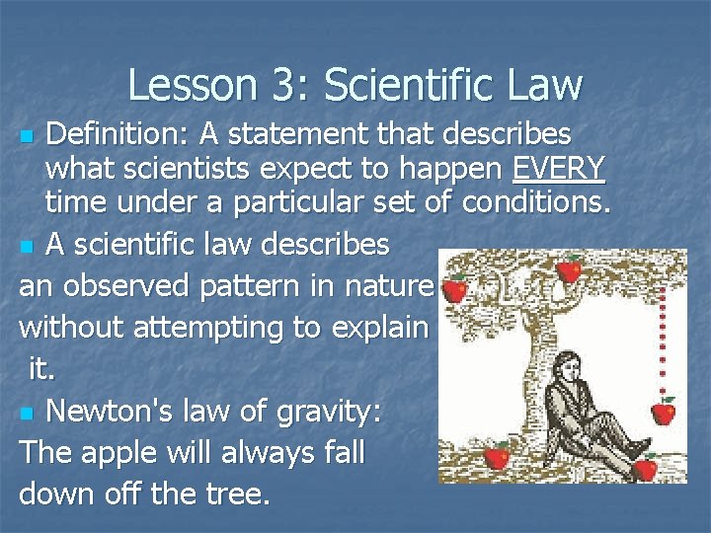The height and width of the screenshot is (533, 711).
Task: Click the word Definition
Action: coord(117,132)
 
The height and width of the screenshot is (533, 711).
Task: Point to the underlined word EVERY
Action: coord(559,169)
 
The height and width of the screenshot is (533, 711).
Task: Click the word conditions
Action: coord(538,205)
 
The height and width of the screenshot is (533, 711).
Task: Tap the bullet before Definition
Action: coord(29,134)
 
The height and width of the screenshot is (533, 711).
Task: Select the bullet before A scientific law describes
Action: coord(29,245)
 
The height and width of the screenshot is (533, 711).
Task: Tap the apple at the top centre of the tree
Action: coord(569,267)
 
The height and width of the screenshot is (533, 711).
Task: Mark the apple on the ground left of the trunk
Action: coord(497,457)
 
